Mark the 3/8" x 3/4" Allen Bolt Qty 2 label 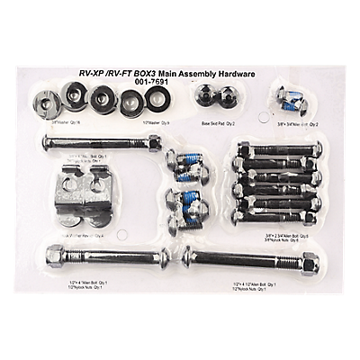click(293, 123)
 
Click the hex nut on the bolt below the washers click(155, 142)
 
